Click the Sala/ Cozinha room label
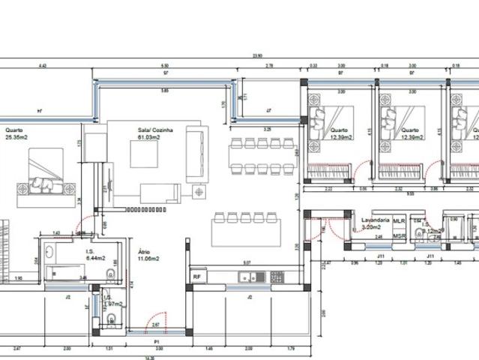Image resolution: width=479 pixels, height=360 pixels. click(155, 130)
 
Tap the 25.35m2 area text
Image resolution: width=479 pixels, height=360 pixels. click(16, 137)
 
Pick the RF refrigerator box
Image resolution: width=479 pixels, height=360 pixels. click(196, 277)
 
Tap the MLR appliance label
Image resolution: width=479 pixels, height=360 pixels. click(399, 222)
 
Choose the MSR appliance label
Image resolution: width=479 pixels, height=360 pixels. click(399, 236)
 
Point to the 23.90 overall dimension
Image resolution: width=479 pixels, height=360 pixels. click(257, 56)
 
